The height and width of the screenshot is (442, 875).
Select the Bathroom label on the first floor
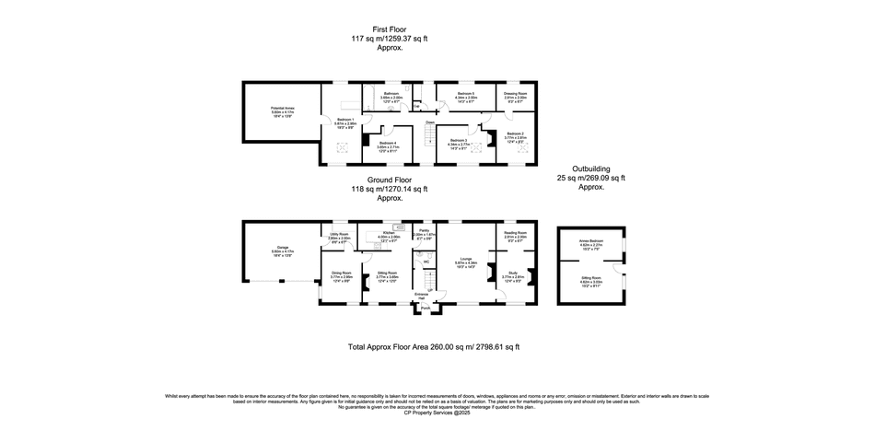pos(391,95)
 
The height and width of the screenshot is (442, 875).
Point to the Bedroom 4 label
pos(388,145)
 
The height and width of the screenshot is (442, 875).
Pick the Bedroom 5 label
pos(467,95)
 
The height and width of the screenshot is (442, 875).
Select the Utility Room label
pos(339,236)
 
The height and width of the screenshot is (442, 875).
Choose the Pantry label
pos(424,232)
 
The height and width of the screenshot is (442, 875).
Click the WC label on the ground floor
pos(426,262)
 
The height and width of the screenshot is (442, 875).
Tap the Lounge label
pos(467,261)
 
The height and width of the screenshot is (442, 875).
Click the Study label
pos(513,273)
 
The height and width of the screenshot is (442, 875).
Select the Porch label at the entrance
pos(426,308)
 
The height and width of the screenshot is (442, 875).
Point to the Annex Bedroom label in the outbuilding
pos(590,243)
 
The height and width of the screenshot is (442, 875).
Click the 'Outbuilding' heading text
pos(590,169)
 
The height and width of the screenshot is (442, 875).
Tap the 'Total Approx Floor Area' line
pos(433,347)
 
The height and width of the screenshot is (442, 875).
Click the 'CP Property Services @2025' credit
pos(437,412)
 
